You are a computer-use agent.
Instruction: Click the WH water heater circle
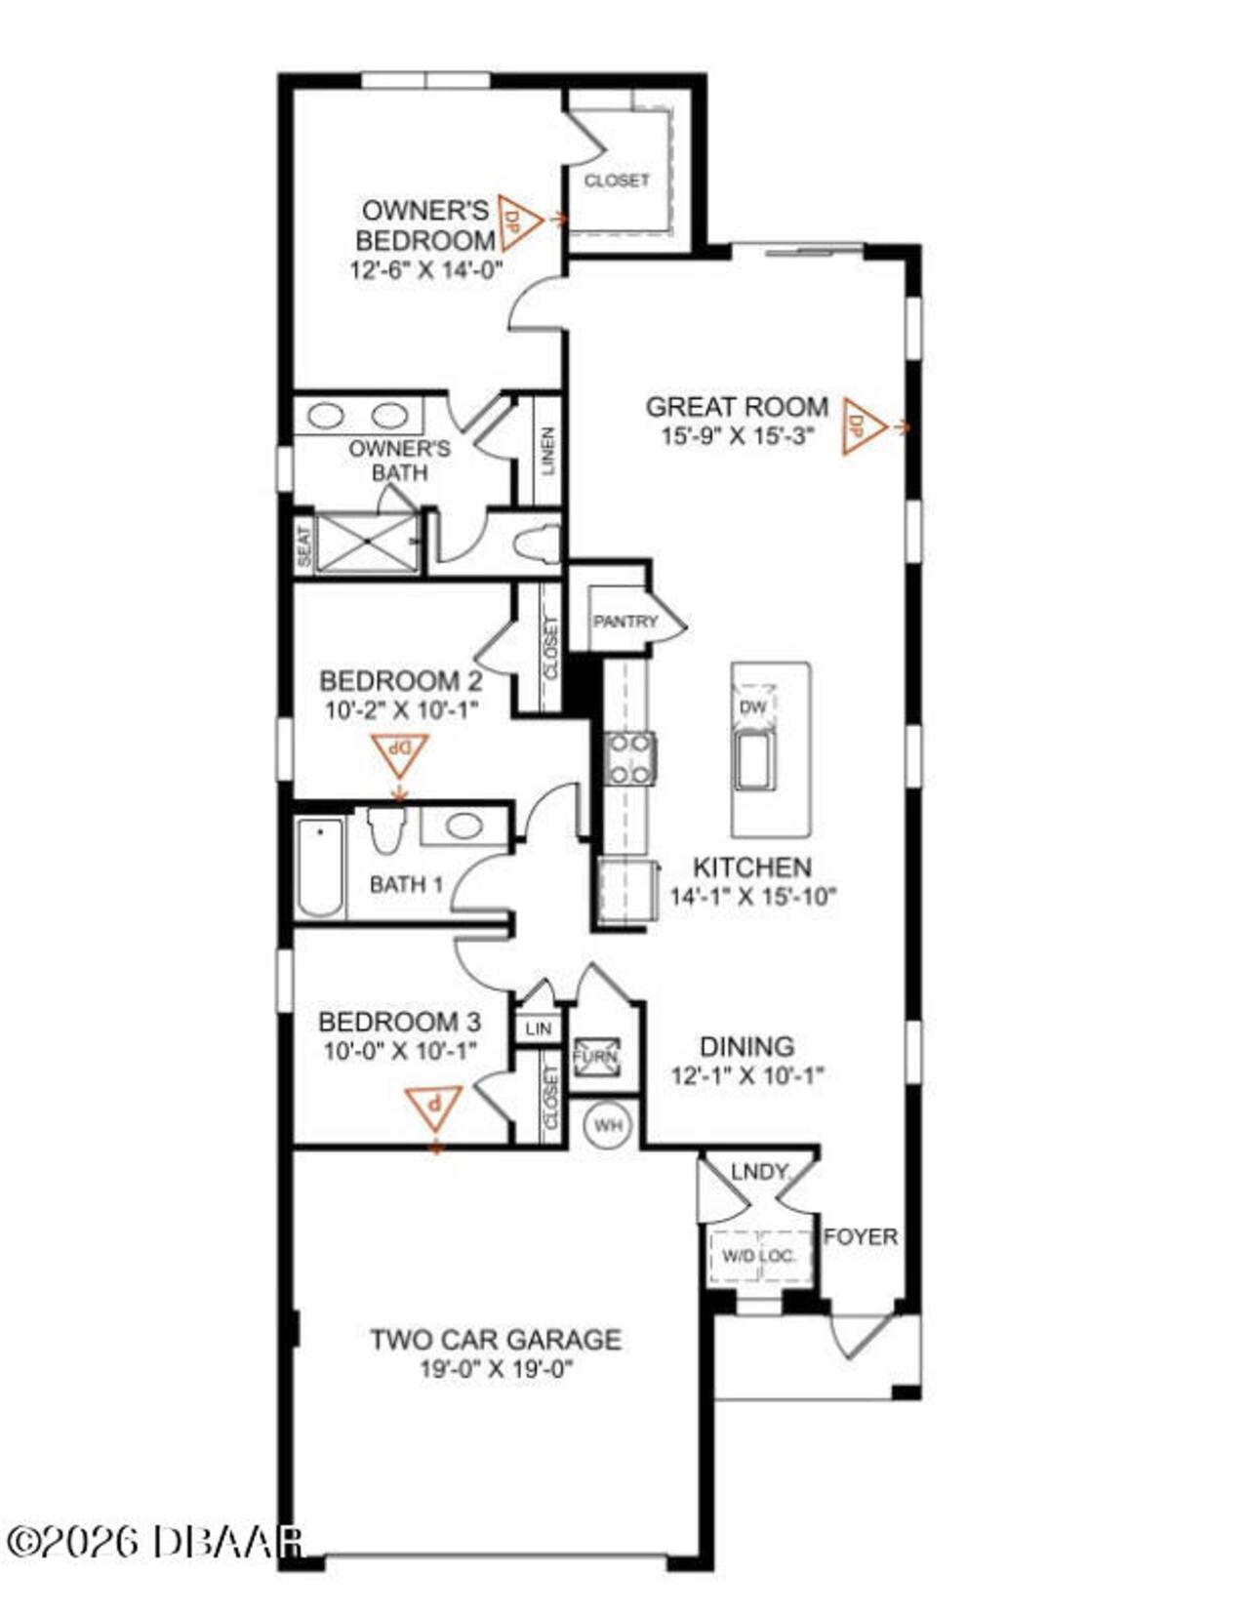[607, 1126]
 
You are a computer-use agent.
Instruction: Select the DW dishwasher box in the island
[753, 706]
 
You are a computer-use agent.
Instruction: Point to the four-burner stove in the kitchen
[629, 758]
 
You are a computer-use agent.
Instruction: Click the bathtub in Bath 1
[321, 868]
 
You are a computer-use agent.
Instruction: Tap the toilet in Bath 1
[387, 830]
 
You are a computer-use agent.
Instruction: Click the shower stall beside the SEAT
[367, 543]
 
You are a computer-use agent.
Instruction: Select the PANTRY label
[625, 621]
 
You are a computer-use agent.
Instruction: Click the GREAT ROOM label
[737, 407]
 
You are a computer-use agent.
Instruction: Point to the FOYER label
[861, 1236]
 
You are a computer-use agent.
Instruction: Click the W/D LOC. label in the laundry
[759, 1256]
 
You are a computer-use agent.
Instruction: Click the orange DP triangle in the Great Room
[862, 426]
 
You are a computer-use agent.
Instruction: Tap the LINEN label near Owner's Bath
[547, 451]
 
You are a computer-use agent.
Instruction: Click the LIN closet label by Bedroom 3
[539, 1029]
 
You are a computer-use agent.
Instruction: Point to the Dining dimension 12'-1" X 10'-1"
[747, 1075]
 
